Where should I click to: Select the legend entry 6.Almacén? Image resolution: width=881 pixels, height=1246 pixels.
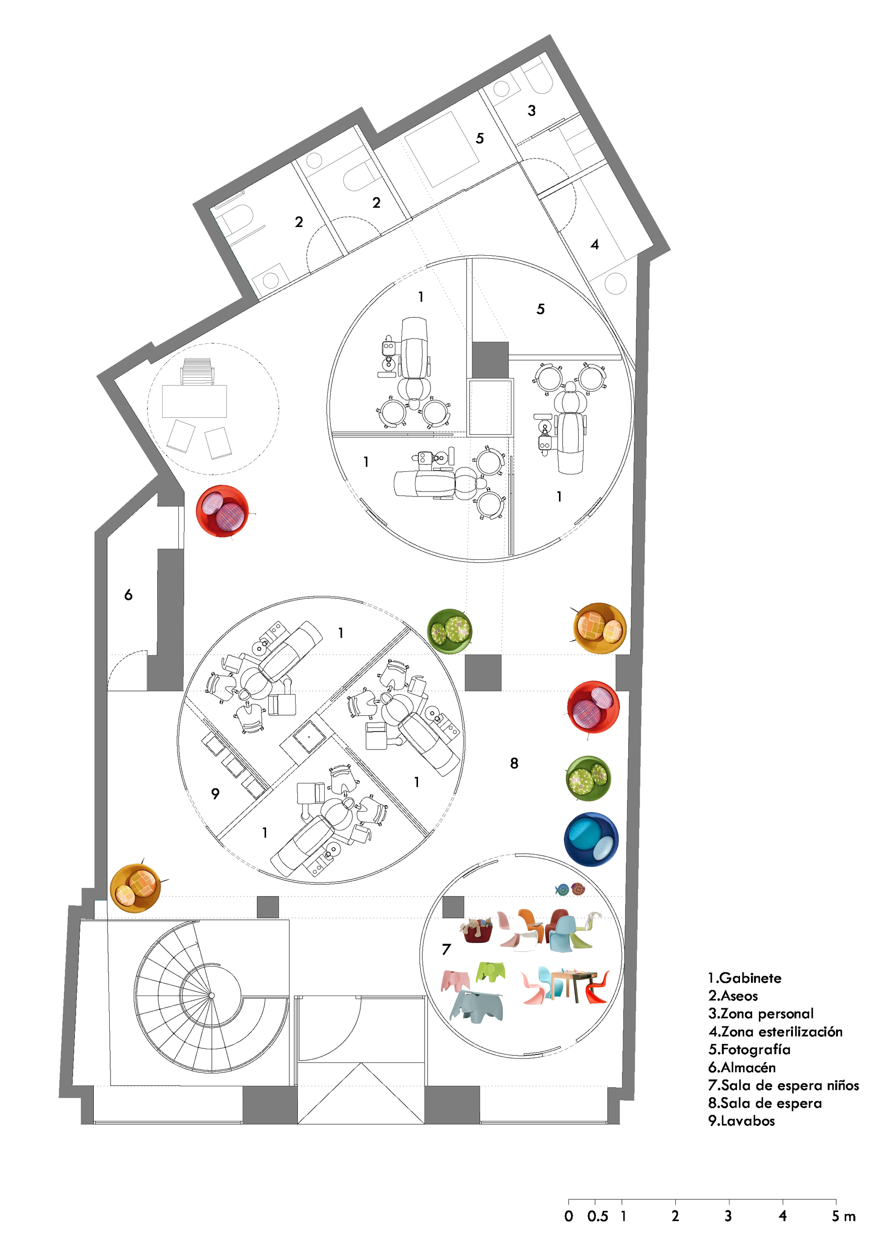(741, 1067)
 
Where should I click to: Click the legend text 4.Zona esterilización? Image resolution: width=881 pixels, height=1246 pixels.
(775, 1032)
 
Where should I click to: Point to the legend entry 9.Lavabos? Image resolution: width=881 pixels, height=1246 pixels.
(741, 1121)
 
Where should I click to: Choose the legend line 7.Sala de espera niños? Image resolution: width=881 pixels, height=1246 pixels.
(783, 1085)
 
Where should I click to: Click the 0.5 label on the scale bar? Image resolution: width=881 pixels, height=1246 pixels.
(597, 1216)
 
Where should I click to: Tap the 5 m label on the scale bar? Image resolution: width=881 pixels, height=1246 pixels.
(843, 1216)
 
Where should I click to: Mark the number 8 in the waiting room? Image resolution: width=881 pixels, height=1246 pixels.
(514, 764)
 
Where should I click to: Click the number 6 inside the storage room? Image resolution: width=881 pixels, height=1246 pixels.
(128, 595)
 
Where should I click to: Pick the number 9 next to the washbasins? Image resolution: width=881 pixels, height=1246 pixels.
(215, 794)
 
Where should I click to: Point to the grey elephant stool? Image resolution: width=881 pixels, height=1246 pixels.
(477, 1004)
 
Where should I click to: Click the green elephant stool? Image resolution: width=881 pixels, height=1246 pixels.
(490, 971)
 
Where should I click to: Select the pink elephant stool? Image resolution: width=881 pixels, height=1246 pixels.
(455, 980)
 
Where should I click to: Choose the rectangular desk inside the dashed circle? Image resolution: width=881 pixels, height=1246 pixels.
(194, 401)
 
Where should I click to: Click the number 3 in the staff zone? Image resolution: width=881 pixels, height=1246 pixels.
(532, 111)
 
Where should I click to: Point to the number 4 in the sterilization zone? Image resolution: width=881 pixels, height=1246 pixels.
(595, 245)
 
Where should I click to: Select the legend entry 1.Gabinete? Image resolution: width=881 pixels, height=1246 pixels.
(745, 978)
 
